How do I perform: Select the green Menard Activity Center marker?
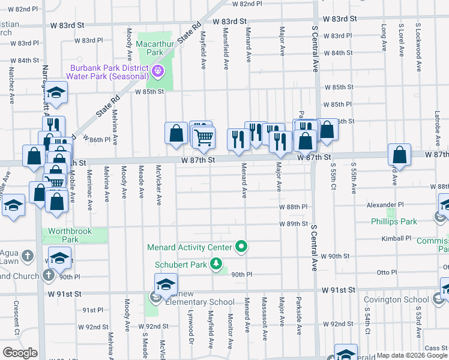pos(241,246)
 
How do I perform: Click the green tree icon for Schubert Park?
pos(215,264)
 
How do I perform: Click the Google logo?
pos(20,353)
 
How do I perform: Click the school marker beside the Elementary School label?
pos(166,286)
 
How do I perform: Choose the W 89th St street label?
pos(293,223)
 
